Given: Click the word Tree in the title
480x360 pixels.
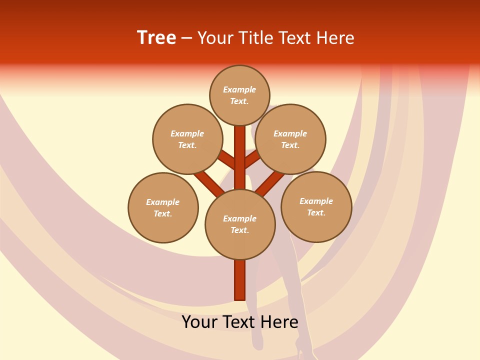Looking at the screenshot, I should tap(156, 37).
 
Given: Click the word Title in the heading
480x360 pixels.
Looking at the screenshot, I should tap(257, 37).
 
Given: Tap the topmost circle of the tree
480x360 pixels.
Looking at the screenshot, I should tap(239, 95).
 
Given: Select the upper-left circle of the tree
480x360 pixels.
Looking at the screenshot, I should tap(187, 139).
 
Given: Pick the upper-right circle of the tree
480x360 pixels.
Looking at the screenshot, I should tap(290, 139).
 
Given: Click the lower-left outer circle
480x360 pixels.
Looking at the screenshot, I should tap(163, 207).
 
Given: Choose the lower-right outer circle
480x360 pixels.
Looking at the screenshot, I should tap(316, 206).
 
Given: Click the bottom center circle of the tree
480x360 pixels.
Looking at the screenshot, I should tap(240, 224).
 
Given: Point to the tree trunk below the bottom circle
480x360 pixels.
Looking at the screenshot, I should tap(240, 280).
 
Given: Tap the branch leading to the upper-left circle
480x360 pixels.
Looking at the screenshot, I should tap(226, 159).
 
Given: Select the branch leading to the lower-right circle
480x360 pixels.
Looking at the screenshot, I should tap(270, 183).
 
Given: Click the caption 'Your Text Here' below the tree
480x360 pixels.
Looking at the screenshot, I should tap(240, 322).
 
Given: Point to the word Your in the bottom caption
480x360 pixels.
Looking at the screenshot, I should tap(200, 322).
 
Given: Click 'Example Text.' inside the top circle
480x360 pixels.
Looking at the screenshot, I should tap(239, 95).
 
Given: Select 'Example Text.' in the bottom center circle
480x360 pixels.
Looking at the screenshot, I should tap(240, 224).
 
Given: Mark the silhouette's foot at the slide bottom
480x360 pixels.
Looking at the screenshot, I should tap(302, 350).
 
